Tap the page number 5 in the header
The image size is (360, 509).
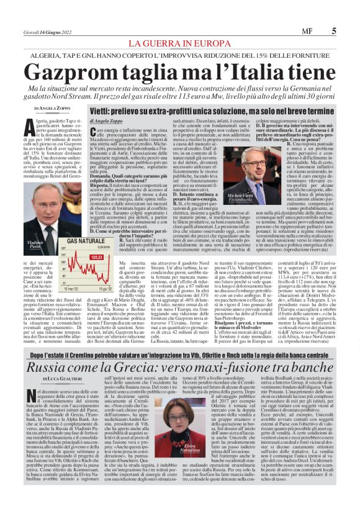pos(334,29)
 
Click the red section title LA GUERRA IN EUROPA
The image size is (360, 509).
pos(179,43)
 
